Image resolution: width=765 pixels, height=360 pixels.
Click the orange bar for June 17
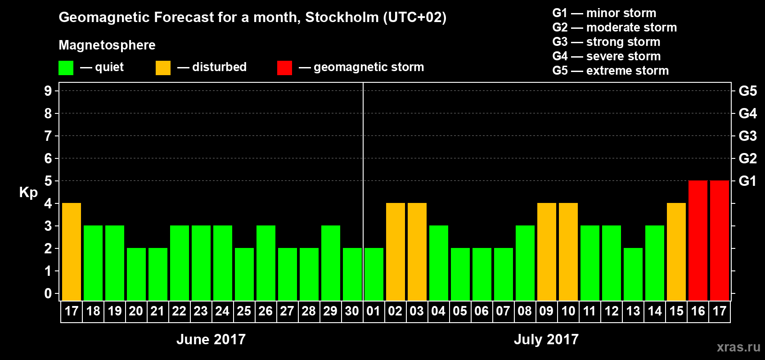[x=72, y=252]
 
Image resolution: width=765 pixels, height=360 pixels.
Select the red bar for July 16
[x=698, y=240]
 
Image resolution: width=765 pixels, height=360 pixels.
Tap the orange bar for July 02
[x=396, y=252]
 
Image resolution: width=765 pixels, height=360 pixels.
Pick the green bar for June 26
[x=266, y=263]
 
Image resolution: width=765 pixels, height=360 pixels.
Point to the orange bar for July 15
[x=676, y=252]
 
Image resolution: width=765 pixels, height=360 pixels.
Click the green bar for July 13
[x=633, y=274]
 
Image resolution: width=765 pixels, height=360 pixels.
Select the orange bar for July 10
[x=568, y=252]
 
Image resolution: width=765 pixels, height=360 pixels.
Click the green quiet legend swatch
[x=66, y=68]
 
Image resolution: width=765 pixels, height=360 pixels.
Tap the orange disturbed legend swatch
[x=163, y=68]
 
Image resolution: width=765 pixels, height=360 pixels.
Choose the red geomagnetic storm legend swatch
[x=284, y=68]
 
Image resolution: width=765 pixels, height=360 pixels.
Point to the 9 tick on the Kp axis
[x=48, y=91]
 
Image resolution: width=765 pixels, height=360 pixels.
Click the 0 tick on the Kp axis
[x=48, y=294]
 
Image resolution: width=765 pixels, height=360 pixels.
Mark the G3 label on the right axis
[x=747, y=136]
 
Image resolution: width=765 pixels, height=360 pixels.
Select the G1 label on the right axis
[x=747, y=181]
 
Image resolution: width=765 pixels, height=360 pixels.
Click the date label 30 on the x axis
[x=352, y=311]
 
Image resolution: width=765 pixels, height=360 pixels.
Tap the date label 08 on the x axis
[x=525, y=311]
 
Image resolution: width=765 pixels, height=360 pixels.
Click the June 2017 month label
[x=211, y=339]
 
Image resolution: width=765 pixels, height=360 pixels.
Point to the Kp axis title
[x=28, y=193]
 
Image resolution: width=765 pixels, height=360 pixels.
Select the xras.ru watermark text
[x=738, y=347]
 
